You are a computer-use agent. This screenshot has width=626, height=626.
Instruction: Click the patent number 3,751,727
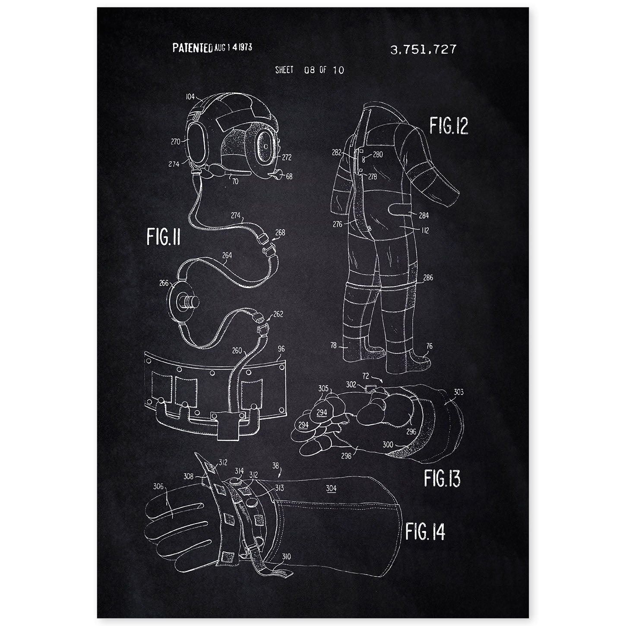pos(423,50)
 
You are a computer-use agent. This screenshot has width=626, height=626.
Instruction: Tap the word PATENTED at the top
pos(193,48)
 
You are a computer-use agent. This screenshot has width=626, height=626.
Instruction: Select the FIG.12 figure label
pos(449,126)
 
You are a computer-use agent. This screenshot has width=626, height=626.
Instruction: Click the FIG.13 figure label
pos(442,478)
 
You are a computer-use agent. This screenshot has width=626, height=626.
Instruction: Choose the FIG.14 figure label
pos(425,532)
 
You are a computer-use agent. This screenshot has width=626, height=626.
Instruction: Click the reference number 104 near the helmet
pos(190,96)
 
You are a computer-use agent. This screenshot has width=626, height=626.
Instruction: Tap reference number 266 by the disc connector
pos(164,283)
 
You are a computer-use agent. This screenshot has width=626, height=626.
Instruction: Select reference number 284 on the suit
pos(424,215)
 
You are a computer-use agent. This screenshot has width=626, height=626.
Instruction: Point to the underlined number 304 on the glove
pos(331,488)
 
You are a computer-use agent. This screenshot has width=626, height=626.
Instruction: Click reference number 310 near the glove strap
pos(286,556)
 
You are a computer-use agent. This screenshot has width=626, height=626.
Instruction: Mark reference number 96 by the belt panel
pos(281,348)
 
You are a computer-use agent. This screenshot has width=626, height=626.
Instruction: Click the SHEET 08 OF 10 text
pos(310,70)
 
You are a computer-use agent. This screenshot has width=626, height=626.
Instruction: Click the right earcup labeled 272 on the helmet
pos(265,148)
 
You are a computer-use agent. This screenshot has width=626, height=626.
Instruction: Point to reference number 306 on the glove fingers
pos(158,486)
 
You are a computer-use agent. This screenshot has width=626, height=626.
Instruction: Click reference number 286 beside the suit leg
pos(428,278)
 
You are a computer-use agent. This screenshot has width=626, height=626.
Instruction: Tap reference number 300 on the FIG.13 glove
pos(388,444)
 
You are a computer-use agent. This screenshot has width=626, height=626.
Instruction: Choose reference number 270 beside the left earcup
pos(175,142)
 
